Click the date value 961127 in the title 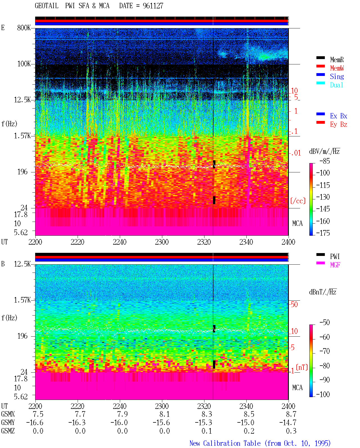(153, 6)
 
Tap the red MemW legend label (337, 68)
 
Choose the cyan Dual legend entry (336, 85)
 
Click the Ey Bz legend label (338, 124)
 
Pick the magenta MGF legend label (335, 265)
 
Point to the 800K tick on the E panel (24, 28)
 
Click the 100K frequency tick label (24, 64)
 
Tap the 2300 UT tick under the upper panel (162, 242)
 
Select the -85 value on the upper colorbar (325, 161)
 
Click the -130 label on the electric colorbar (323, 197)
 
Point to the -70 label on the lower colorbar (325, 351)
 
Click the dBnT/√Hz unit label (323, 292)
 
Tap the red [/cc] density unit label (298, 201)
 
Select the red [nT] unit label (302, 367)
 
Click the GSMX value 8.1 (165, 414)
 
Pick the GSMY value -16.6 (35, 423)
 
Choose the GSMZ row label (8, 431)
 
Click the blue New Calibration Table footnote (260, 443)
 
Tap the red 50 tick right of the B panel (294, 304)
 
